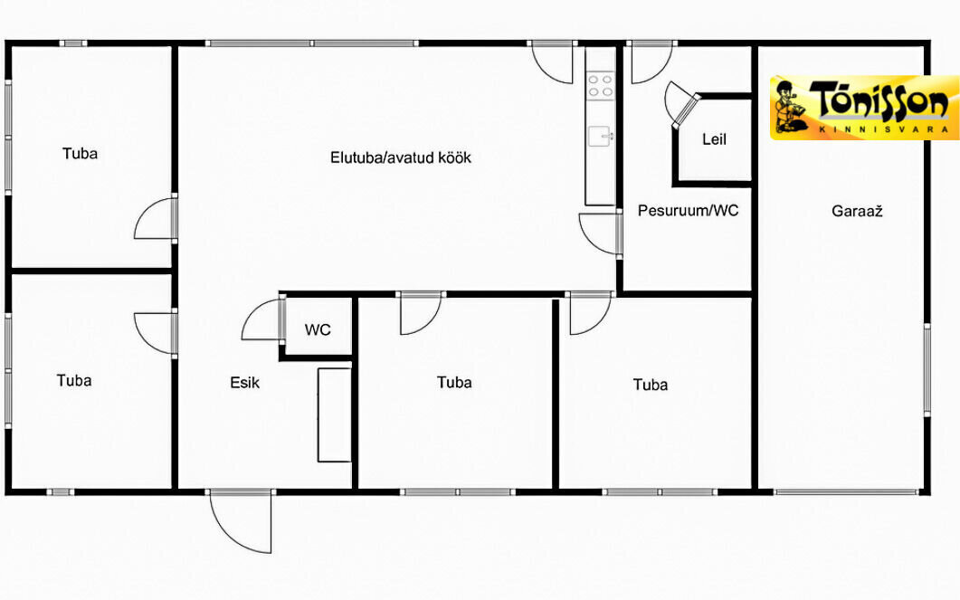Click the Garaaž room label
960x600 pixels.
pos(857,212)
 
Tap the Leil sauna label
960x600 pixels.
pos(714,139)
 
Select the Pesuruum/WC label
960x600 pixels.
pos(689,211)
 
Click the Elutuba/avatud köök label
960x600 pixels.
pos(401,158)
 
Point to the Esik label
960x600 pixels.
pos(245,383)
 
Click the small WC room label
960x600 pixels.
pos(318,330)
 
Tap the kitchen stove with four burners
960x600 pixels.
pos(600,86)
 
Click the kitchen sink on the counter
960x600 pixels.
pos(601,136)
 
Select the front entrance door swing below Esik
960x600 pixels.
pos(241,521)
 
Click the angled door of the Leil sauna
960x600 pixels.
pos(680,105)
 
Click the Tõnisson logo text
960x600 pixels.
pos(879,100)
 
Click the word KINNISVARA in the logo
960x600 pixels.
pos(883,129)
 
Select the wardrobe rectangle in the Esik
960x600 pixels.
pos(334,414)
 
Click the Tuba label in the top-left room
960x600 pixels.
pos(80,154)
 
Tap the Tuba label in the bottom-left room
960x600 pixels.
pos(74,381)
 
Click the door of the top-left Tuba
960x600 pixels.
pos(156,219)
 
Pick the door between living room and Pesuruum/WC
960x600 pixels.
pos(601,233)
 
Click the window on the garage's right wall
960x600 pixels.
pos(927,370)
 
